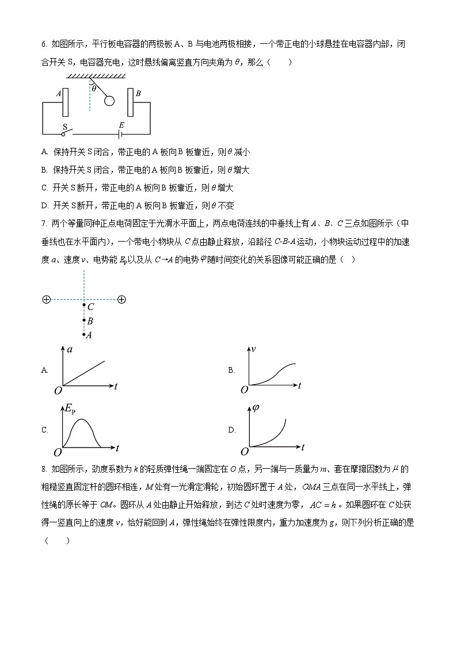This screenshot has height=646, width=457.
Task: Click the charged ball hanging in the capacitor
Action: [x=109, y=101]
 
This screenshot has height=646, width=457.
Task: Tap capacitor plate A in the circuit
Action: [x=66, y=102]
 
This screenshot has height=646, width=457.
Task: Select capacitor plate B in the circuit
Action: [x=131, y=102]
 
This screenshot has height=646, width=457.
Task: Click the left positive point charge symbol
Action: [x=46, y=300]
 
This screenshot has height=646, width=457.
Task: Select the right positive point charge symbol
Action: [x=121, y=300]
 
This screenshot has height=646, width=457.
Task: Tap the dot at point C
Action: [x=84, y=306]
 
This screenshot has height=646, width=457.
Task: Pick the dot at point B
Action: [x=84, y=321]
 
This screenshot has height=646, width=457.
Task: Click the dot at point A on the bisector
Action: [x=84, y=334]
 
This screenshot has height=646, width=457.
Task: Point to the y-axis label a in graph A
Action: [x=70, y=350]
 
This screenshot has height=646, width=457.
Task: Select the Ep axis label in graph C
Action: [x=70, y=409]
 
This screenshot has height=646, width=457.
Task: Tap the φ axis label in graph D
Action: [x=256, y=408]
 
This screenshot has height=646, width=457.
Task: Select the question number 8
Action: [x=44, y=470]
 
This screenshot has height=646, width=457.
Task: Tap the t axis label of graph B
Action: [x=299, y=386]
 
